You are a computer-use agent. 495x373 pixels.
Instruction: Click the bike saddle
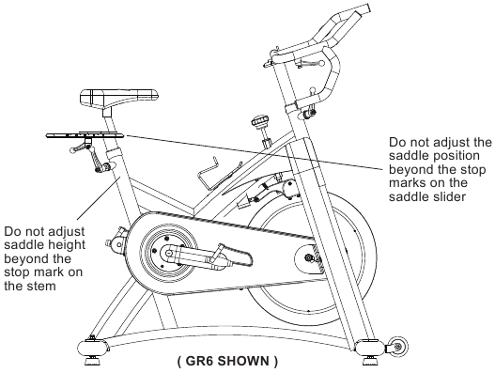118,97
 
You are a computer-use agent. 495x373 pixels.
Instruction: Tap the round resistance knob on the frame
260,121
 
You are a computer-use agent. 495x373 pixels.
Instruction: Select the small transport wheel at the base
397,347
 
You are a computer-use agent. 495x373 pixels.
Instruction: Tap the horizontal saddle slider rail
85,135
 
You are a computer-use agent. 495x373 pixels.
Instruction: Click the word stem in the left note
40,287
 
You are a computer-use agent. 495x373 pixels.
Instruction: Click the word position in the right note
456,156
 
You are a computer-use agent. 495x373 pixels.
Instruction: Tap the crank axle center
168,253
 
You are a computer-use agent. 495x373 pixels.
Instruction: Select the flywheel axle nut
307,257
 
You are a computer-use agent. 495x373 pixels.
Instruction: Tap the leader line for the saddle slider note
255,152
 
